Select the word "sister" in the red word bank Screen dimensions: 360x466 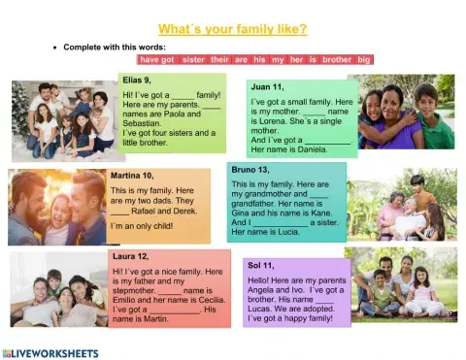[x=193, y=59]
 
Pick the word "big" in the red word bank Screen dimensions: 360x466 [x=364, y=59]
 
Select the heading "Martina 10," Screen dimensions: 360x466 [x=133, y=176]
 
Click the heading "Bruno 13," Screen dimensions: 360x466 [x=251, y=170]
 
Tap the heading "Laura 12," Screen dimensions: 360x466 [x=130, y=256]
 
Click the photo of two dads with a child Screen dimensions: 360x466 [x=57, y=208]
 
